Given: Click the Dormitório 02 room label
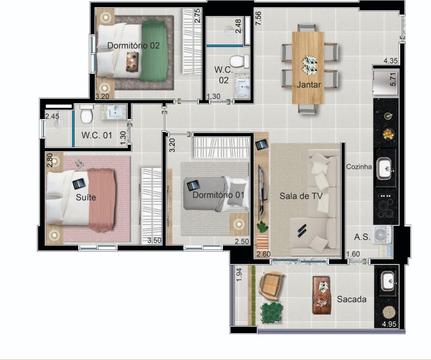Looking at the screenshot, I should click(133, 45).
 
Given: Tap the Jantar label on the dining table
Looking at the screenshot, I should click(309, 85).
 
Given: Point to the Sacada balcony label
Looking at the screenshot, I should click(351, 299).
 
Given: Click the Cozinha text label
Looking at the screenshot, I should click(359, 167).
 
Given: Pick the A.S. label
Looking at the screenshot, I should click(362, 237).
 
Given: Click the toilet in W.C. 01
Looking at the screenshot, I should click(86, 114).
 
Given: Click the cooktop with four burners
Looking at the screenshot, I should click(385, 206).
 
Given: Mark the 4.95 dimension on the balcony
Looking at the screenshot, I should click(389, 324).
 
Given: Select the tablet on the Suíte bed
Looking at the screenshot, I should click(79, 184).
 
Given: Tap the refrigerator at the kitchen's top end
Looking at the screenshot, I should click(383, 84).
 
